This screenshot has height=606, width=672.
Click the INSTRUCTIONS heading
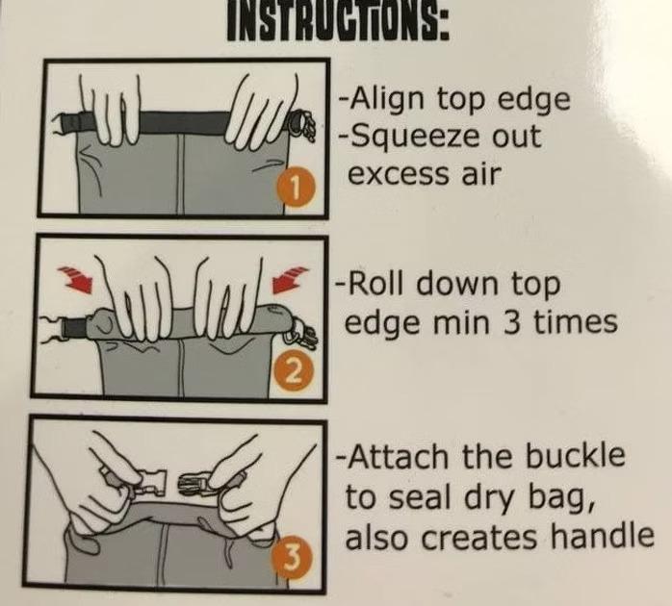point(338,20)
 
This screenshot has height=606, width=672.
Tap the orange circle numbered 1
point(297,187)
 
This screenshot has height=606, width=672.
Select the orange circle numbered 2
point(292,372)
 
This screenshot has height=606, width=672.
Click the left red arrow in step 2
point(76,278)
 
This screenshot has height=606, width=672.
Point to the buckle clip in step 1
point(300,124)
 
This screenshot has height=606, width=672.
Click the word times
point(576,322)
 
